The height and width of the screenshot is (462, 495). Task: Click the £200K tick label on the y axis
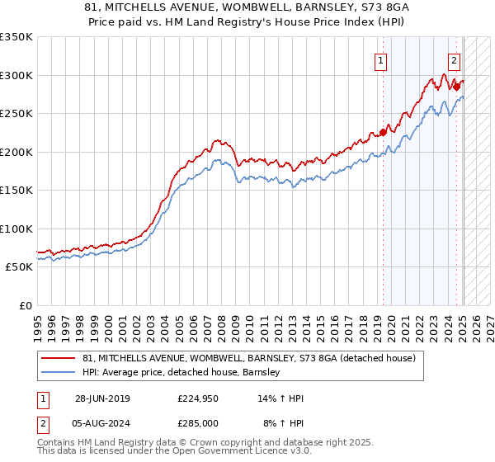point(16,152)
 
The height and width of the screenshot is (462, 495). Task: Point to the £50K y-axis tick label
point(18,267)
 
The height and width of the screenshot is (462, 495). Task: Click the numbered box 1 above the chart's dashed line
point(380,60)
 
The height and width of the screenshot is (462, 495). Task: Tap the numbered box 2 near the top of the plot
point(454,60)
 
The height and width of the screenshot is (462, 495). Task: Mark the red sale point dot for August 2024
point(456,87)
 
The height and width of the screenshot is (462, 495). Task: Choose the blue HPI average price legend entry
point(181,373)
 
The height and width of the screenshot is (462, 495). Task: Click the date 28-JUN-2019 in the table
point(102,398)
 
